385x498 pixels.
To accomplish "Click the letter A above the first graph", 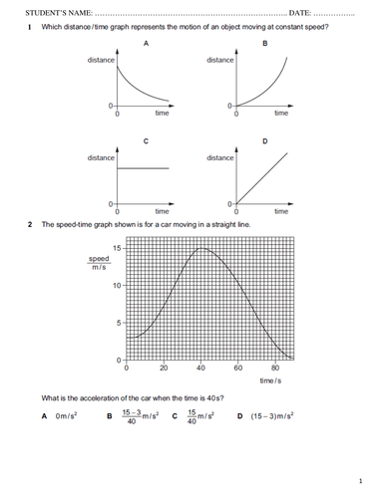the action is pyautogui.click(x=147, y=44).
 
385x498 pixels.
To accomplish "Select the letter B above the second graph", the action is pyautogui.click(x=265, y=44).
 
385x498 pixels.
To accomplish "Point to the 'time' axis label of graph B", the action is pyautogui.click(x=281, y=115).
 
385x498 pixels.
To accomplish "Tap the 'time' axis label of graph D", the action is pyautogui.click(x=281, y=211).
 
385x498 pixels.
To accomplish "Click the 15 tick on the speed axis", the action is pyautogui.click(x=117, y=247).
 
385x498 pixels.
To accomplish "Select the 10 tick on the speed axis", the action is pyautogui.click(x=117, y=285).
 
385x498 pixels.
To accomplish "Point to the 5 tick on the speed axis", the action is pyautogui.click(x=119, y=323).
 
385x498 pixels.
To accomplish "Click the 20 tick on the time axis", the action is pyautogui.click(x=164, y=369).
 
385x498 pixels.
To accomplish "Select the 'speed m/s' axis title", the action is pyautogui.click(x=100, y=263).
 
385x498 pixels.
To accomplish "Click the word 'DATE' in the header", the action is pyautogui.click(x=299, y=11).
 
